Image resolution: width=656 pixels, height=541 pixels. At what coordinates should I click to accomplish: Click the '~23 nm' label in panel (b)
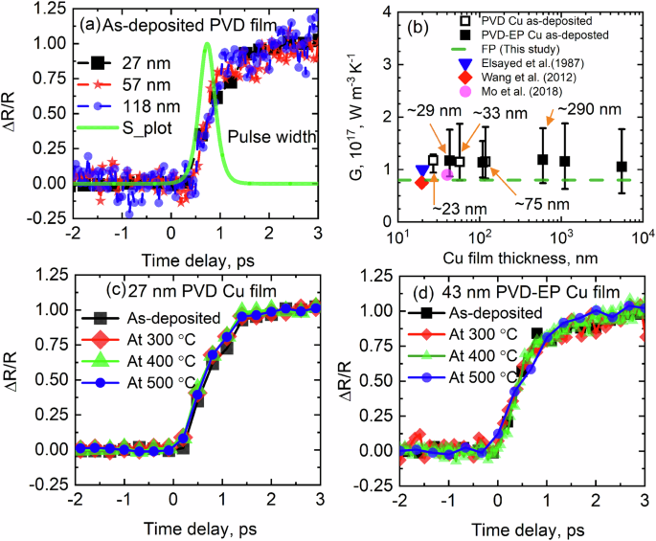pyautogui.click(x=450, y=208)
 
